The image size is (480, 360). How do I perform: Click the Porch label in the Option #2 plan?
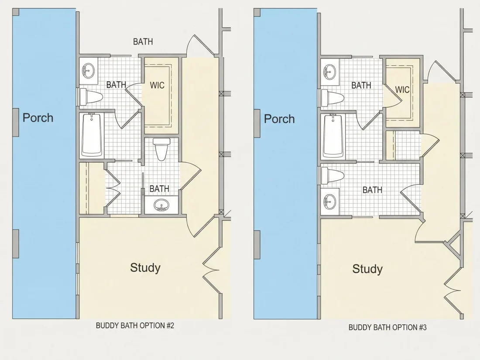point(38,118)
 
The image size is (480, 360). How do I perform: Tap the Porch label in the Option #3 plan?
point(279,119)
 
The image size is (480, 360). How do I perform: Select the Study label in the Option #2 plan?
point(145,267)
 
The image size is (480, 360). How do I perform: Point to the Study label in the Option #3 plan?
point(367,269)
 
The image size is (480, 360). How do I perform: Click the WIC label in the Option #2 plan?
point(157,85)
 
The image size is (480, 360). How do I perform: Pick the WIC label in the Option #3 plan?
point(402,90)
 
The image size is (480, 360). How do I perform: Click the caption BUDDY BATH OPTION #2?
point(135,326)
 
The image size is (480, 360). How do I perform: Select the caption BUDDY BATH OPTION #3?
point(387,327)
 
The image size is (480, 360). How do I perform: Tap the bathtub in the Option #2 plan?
point(92,135)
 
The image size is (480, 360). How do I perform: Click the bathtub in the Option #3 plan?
point(333,136)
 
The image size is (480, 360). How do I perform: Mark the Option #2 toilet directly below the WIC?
point(161,149)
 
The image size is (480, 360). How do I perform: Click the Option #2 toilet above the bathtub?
point(91,97)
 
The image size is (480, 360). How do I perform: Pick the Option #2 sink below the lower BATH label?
point(161,205)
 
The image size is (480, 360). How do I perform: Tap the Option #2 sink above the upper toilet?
point(89,71)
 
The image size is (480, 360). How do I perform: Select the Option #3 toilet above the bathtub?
point(333,98)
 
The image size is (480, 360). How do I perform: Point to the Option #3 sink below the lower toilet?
point(330,202)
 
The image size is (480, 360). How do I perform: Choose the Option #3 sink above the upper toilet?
point(330,72)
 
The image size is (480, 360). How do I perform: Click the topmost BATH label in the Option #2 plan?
point(143,41)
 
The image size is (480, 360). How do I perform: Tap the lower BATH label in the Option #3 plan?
point(372,190)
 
